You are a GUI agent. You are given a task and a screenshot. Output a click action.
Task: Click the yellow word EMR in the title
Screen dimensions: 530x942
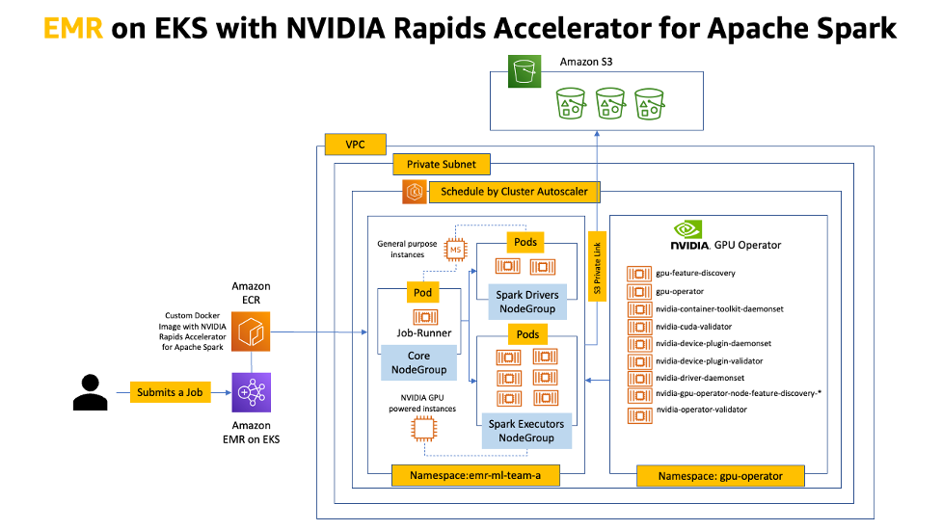pyautogui.click(x=73, y=29)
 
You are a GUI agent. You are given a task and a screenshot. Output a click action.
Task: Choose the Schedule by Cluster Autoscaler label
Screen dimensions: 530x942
pyautogui.click(x=514, y=192)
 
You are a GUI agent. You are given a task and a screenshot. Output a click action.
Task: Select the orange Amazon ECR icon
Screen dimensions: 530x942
pyautogui.click(x=251, y=331)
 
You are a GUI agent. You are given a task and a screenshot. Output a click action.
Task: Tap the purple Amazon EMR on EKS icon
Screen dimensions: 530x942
pyautogui.click(x=251, y=392)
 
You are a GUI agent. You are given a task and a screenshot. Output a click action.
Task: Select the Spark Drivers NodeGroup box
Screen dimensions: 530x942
pyautogui.click(x=526, y=302)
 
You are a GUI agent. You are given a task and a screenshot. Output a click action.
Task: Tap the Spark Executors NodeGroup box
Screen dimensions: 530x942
pyautogui.click(x=526, y=431)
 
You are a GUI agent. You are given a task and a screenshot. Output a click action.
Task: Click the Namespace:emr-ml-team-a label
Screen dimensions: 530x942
pyautogui.click(x=474, y=476)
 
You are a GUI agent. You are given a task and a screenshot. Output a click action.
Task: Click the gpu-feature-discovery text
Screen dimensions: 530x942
pyautogui.click(x=695, y=274)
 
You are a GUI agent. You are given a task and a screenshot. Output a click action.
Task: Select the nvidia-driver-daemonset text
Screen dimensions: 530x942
pyautogui.click(x=698, y=378)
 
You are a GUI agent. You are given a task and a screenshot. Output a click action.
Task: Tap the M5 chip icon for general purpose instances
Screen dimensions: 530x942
pyautogui.click(x=453, y=251)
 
